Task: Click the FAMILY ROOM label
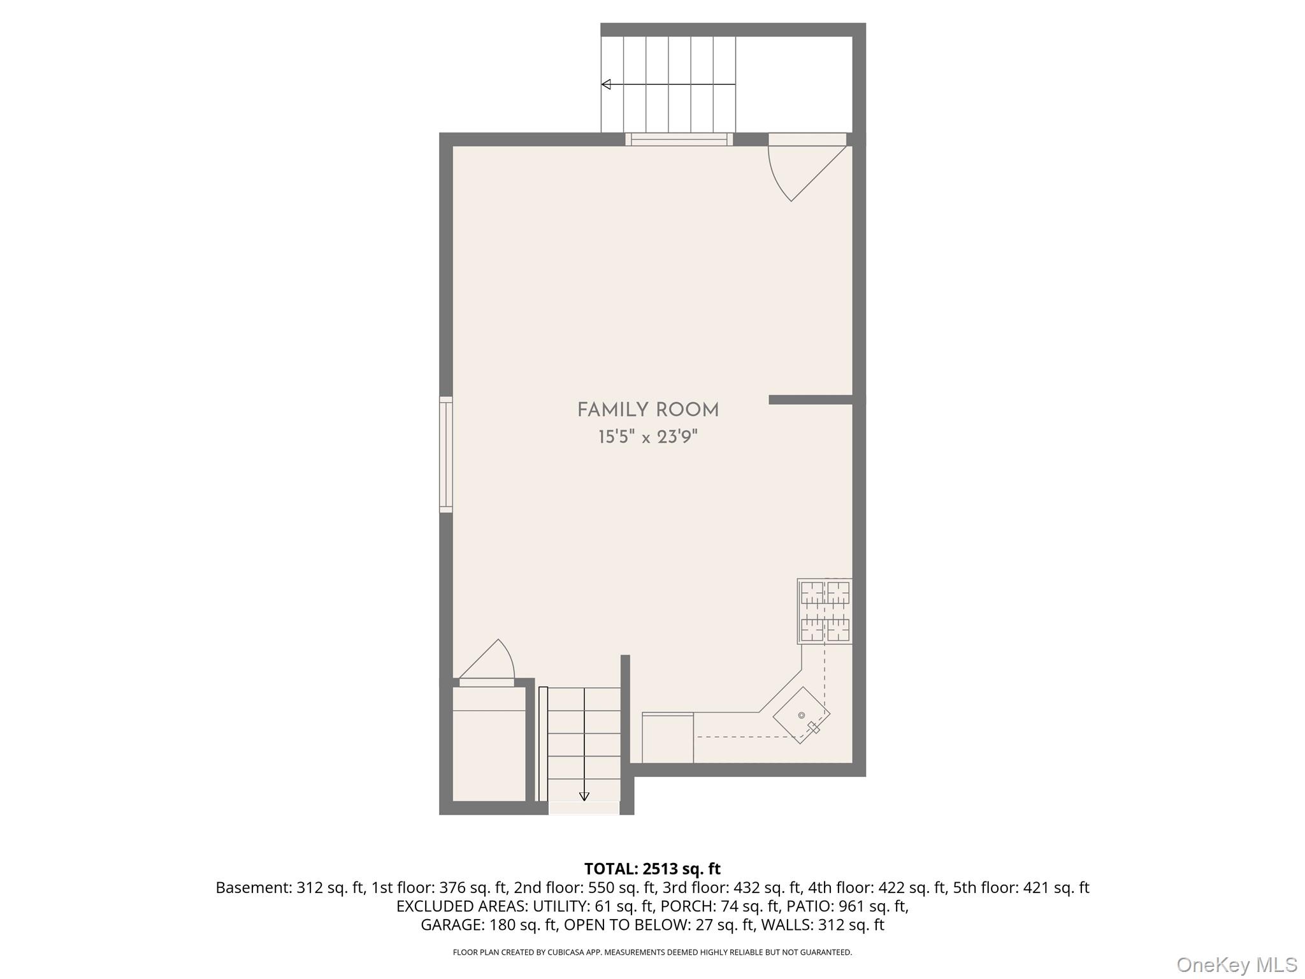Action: pos(648,410)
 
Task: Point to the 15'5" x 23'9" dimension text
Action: pos(648,437)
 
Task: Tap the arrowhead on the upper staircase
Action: pos(607,84)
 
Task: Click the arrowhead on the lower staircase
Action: pos(584,796)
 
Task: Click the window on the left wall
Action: pos(446,454)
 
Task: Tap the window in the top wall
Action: pos(679,140)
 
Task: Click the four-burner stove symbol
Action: pos(825,611)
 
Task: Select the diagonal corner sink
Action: pos(802,715)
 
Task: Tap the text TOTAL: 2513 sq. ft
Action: pos(652,869)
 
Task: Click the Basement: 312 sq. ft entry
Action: pos(290,888)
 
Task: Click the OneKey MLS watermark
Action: pos(1236,964)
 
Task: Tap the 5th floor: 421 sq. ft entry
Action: pos(1021,888)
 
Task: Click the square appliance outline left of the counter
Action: pos(668,737)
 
